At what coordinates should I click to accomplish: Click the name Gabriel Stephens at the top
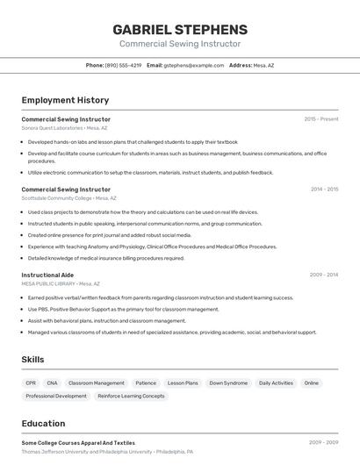coord(180,29)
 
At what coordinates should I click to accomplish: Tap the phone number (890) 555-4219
coord(123,65)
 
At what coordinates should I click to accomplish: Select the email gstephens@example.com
coord(194,65)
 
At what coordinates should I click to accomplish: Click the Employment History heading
coord(65,100)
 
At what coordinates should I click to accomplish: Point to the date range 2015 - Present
coord(320,118)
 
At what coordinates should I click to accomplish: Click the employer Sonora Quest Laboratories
coord(52,127)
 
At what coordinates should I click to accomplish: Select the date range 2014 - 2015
coord(324,189)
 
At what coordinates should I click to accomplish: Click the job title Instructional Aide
coord(47,275)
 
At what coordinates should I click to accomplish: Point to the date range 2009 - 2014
coord(324,275)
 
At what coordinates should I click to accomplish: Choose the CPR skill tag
coord(31,383)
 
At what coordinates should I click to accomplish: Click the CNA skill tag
coord(52,383)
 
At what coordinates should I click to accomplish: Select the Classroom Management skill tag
coord(97,383)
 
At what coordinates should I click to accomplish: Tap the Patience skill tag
coord(146,383)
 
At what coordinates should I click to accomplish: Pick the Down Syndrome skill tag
coord(228,383)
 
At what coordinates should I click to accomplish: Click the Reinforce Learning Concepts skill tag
coord(131,396)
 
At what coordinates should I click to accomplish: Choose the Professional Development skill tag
coord(56,396)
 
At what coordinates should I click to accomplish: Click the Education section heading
coord(43,424)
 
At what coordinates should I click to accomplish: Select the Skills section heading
coord(33,360)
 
